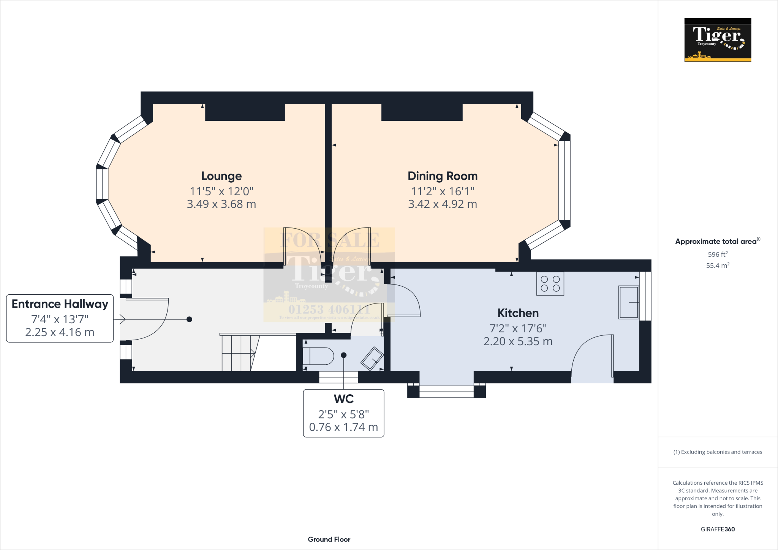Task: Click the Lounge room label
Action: [221, 176]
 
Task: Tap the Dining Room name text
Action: [442, 176]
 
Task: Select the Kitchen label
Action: [518, 313]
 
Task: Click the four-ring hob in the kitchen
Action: [550, 284]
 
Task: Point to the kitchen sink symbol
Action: [629, 302]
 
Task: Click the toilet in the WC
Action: [318, 356]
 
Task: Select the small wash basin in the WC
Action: [372, 359]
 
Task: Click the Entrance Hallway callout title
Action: [60, 304]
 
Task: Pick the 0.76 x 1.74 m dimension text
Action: [343, 427]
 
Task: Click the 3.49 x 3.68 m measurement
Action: [221, 204]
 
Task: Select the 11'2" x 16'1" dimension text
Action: [442, 191]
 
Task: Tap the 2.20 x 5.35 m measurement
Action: [518, 341]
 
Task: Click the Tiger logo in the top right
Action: [718, 40]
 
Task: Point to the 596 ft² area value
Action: [717, 254]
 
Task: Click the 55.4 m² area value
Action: [717, 266]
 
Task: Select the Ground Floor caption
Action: [329, 539]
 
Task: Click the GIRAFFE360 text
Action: [717, 529]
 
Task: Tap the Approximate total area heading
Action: [716, 242]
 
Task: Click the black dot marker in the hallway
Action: [189, 319]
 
